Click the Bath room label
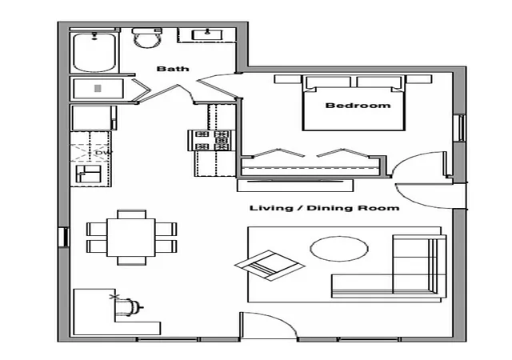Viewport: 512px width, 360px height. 173,69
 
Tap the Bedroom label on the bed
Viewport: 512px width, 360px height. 358,105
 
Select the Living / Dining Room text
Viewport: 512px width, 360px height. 324,208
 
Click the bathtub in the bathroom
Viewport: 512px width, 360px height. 94,52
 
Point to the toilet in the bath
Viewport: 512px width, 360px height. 147,38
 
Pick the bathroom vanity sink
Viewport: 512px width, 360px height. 207,34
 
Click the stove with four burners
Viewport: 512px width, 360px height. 211,141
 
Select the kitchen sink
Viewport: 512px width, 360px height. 89,174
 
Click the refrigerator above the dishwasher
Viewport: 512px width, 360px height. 94,118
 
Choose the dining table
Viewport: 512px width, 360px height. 131,238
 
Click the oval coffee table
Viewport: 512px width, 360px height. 339,249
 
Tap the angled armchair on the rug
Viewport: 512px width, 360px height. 270,265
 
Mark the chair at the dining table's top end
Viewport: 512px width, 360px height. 131,214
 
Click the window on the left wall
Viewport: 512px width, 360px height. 65,237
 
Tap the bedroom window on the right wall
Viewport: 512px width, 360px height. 461,128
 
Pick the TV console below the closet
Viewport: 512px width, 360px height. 295,186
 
